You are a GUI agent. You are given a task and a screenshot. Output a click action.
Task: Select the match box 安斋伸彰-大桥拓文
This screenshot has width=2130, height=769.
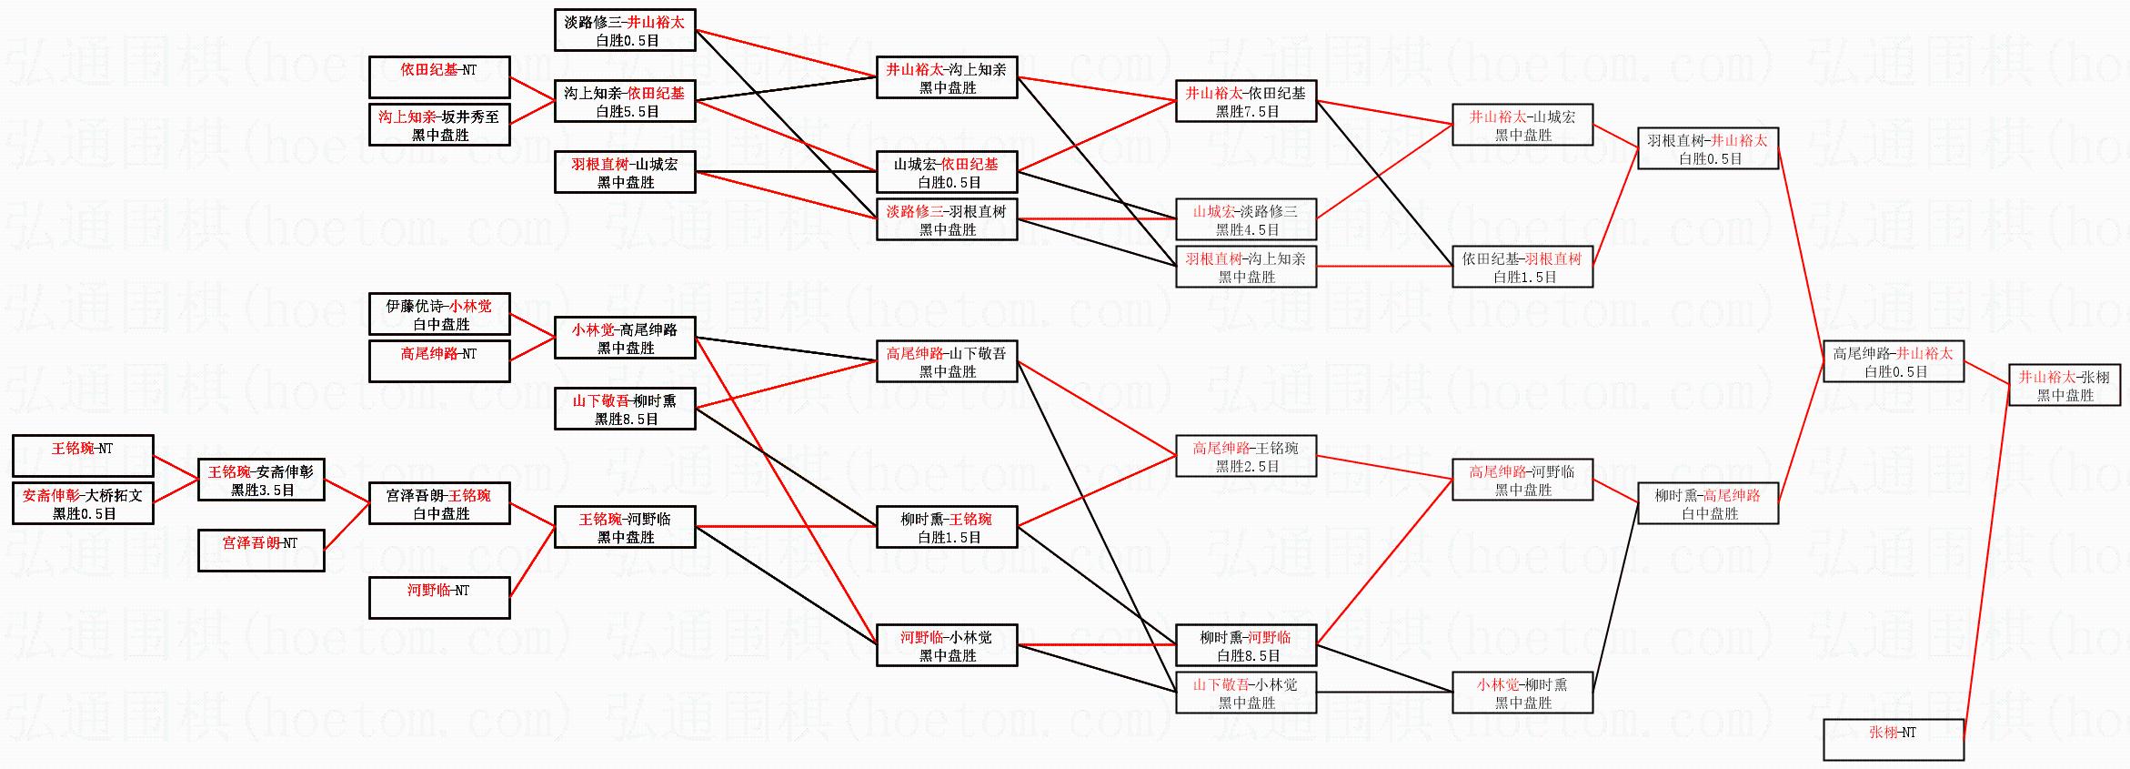[83, 503]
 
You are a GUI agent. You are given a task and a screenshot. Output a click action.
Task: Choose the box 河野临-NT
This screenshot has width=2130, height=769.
[439, 598]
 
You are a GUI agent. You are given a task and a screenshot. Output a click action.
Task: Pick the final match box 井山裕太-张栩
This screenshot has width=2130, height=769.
[2065, 385]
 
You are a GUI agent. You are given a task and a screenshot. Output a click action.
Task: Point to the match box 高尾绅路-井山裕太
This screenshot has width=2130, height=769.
[1894, 361]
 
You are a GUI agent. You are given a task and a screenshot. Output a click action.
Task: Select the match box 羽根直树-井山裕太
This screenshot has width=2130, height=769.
[1708, 148]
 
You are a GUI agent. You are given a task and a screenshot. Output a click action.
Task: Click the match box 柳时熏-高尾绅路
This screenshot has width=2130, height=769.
[1708, 503]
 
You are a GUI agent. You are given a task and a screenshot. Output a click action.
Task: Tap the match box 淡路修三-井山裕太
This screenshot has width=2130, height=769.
[625, 30]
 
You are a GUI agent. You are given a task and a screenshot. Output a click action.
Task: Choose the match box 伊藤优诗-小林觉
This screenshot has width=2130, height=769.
[439, 314]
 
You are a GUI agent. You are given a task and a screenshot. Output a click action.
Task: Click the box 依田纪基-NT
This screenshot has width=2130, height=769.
[439, 77]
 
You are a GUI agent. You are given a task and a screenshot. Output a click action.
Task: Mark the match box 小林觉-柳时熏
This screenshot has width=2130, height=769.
[1522, 693]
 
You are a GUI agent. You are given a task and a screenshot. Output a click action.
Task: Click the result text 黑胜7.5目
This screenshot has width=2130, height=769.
[1247, 112]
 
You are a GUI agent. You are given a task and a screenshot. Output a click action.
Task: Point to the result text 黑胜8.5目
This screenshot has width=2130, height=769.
[626, 420]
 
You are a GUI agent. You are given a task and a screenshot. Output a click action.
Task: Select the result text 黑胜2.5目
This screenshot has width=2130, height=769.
[1247, 467]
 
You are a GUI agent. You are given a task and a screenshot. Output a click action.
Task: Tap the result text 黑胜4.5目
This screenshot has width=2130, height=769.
[1247, 230]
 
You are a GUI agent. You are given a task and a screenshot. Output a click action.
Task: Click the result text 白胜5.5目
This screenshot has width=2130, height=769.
[626, 112]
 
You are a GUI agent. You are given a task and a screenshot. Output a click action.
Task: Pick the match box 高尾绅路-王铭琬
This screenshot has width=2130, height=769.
[1246, 456]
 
